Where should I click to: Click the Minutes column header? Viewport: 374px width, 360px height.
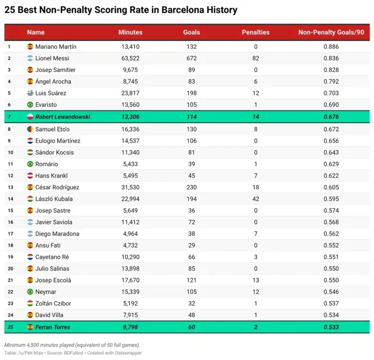coord(130,32)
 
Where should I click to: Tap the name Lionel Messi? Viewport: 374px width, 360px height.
coord(52,58)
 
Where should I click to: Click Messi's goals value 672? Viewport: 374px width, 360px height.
coord(191,58)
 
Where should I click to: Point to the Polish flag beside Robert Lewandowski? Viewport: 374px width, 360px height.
coord(30,117)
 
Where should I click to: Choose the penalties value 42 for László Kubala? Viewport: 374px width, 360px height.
coord(255,199)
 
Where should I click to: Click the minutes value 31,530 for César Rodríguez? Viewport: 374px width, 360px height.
coord(130,187)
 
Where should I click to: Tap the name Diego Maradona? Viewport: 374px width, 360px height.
coord(57,234)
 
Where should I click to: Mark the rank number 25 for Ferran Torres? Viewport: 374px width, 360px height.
coord(9,327)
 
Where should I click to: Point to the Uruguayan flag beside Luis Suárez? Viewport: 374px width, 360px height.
coord(30,94)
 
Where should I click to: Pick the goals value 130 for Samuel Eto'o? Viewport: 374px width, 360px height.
coord(191,129)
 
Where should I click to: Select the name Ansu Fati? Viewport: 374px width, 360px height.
coord(48,245)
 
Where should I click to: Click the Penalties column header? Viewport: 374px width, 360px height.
coord(255,32)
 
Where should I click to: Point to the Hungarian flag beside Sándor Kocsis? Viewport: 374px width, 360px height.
coord(30,153)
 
